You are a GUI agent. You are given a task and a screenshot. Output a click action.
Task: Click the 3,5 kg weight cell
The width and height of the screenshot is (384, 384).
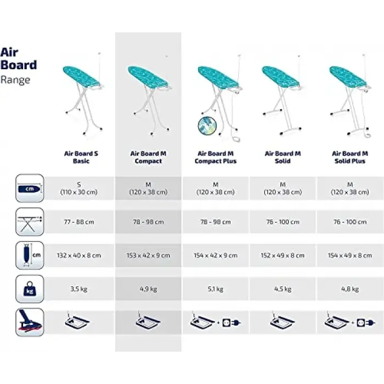[x=79, y=289]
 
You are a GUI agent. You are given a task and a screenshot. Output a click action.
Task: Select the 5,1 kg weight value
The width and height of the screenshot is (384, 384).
[x=216, y=289]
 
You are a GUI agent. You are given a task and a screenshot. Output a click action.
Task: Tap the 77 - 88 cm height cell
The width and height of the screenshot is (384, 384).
[x=79, y=222]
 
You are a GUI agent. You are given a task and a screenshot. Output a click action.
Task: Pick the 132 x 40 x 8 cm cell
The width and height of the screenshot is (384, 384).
[x=79, y=256]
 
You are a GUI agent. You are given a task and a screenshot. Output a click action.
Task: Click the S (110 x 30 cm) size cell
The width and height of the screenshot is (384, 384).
[x=79, y=188]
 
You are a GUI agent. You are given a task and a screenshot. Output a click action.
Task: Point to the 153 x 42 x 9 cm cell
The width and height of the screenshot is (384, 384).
[x=148, y=256]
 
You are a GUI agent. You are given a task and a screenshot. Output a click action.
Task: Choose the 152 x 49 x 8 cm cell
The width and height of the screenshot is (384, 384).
[x=283, y=256]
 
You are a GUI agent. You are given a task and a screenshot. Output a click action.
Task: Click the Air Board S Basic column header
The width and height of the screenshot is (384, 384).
[x=81, y=157]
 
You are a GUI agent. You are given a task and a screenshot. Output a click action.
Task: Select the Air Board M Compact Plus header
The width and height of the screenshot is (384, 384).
[x=216, y=157]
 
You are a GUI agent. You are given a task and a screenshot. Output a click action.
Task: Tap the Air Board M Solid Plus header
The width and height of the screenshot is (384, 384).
[x=350, y=157]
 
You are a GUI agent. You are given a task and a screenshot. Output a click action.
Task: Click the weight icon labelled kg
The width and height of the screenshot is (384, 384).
[x=30, y=289]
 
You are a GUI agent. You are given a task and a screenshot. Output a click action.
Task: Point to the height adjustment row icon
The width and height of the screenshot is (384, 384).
[x=30, y=222]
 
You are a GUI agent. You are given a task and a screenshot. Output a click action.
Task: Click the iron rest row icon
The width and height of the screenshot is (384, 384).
[x=30, y=323]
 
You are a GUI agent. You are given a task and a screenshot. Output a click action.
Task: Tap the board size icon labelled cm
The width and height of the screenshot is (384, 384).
[x=30, y=188]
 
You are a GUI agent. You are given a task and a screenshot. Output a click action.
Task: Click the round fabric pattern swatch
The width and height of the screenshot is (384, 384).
[x=207, y=126]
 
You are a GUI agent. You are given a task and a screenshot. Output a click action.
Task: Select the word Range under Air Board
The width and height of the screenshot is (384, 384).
[x=15, y=80]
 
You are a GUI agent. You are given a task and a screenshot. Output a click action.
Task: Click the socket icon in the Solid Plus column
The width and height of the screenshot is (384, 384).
[x=361, y=323]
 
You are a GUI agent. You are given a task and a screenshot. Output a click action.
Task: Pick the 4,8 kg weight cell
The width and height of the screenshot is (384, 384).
[x=350, y=289]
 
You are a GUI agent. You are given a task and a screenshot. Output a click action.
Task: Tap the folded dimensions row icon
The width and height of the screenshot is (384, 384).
[x=30, y=256]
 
